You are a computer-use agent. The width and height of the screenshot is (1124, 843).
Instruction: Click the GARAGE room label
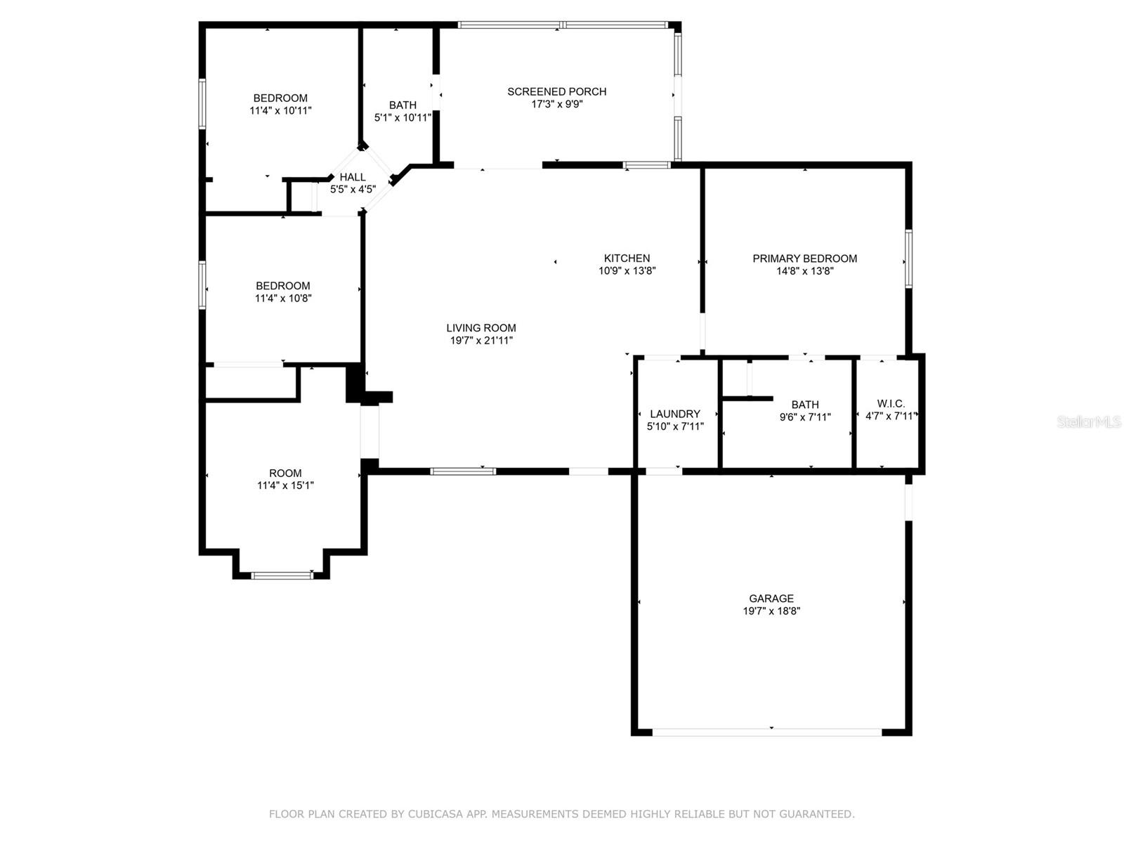tap(771, 599)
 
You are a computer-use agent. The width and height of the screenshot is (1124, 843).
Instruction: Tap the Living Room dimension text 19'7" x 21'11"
tap(481, 341)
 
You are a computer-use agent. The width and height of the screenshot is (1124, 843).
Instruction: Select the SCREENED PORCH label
tap(556, 91)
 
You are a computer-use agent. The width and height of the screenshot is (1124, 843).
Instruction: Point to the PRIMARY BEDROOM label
tap(804, 259)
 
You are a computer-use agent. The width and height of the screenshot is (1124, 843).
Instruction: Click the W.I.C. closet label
tap(891, 404)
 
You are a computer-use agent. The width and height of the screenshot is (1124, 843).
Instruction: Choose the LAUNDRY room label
tap(674, 414)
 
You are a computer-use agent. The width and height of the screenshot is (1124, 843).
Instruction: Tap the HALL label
tap(353, 177)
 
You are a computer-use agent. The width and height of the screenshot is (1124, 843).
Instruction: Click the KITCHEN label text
tap(627, 259)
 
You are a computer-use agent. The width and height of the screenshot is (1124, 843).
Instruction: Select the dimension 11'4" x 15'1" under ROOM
tap(285, 485)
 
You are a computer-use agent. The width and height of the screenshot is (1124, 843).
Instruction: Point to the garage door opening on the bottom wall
tap(767, 732)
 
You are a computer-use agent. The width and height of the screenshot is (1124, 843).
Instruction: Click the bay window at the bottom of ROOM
tap(282, 575)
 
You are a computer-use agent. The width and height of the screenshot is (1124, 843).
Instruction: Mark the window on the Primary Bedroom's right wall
tap(908, 259)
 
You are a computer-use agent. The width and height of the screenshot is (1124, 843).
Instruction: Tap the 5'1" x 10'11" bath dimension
tap(403, 118)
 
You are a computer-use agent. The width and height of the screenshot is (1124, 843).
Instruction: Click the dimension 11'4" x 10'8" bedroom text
tap(283, 299)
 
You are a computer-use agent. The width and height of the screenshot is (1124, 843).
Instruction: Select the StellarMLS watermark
tap(1089, 421)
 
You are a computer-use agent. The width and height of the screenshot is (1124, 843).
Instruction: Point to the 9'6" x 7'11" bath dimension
tap(805, 417)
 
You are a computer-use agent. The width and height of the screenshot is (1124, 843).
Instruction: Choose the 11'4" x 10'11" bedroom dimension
tap(280, 111)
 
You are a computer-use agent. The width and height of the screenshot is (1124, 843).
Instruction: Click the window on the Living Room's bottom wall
tap(463, 471)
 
